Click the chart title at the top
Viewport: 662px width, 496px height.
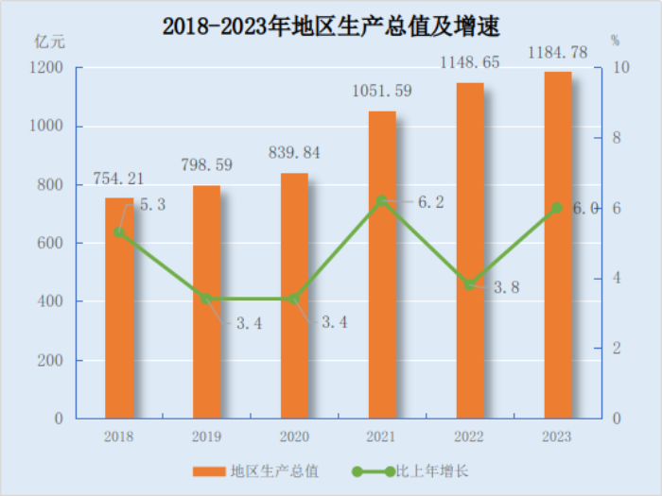pyautogui.click(x=330, y=26)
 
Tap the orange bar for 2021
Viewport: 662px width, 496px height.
pyautogui.click(x=382, y=265)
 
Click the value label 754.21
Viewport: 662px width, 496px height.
pyautogui.click(x=118, y=178)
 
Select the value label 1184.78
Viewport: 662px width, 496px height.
pyautogui.click(x=557, y=51)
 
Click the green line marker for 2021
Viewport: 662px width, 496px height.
pyautogui.click(x=382, y=201)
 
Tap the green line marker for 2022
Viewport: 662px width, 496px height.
pyautogui.click(x=470, y=284)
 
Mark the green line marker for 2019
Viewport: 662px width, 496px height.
pyautogui.click(x=207, y=299)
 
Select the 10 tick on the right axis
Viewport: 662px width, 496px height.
pyautogui.click(x=620, y=68)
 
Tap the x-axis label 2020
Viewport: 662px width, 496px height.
pyautogui.click(x=294, y=436)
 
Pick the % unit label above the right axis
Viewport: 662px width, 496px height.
pyautogui.click(x=615, y=41)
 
